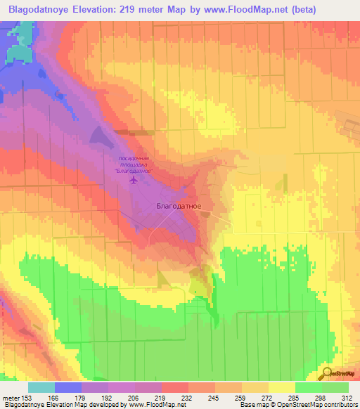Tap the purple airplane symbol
coord(134,181)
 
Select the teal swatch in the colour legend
coord(41,387)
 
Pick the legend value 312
coord(348,397)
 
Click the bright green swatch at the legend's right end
coord(335,387)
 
